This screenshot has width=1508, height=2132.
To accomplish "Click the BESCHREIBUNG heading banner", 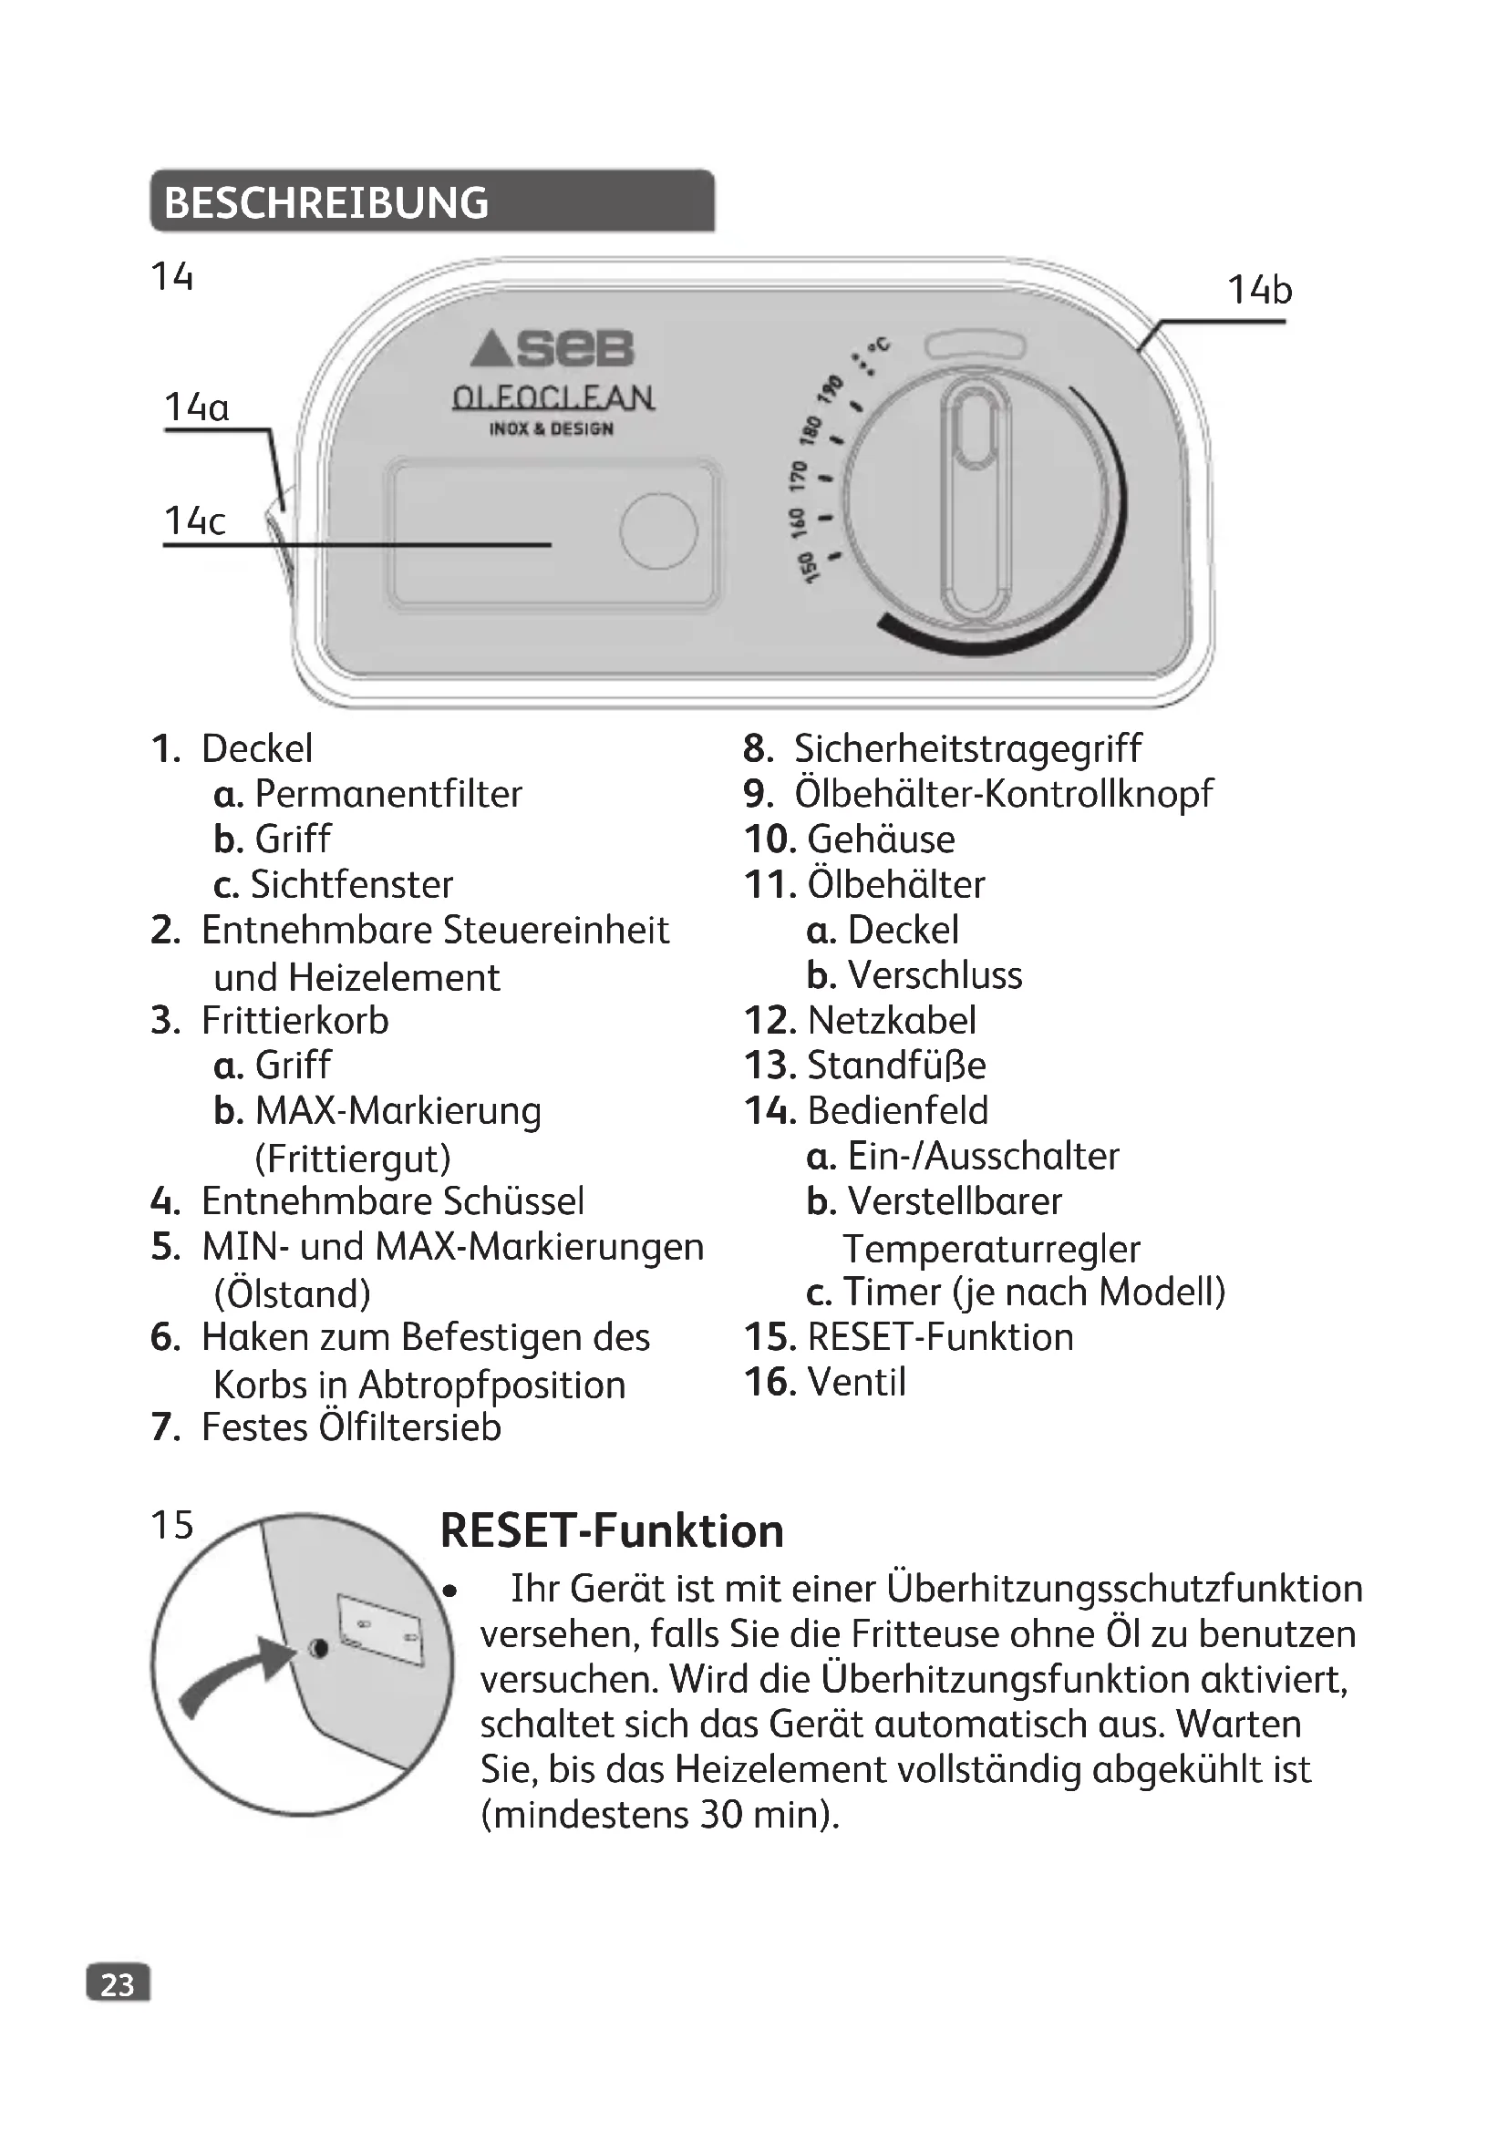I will [x=432, y=201].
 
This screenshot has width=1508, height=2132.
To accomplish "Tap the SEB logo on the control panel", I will [x=552, y=349].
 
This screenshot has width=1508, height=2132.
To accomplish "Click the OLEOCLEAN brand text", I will [x=553, y=397].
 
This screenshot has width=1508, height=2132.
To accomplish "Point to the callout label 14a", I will [x=196, y=407].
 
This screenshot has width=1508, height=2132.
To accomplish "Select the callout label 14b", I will [x=1259, y=291].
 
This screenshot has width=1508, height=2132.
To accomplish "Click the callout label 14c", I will [x=194, y=521].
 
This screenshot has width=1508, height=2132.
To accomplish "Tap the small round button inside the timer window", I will [x=658, y=530].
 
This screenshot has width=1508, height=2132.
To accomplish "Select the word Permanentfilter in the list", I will [x=388, y=794].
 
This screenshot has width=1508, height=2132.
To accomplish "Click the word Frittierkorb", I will [x=294, y=1021].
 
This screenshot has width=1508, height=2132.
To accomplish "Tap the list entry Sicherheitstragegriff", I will [x=966, y=748].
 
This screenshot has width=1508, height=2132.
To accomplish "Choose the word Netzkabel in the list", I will [x=892, y=1021].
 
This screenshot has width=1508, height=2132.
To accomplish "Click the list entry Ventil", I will [x=856, y=1382].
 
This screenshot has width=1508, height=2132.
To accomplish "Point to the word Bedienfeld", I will [x=897, y=1110].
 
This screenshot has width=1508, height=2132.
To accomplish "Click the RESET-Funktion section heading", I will [x=612, y=1531].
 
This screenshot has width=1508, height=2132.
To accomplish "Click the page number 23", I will [x=117, y=1984].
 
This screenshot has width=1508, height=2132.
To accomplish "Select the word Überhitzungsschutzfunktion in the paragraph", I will [x=1124, y=1589].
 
